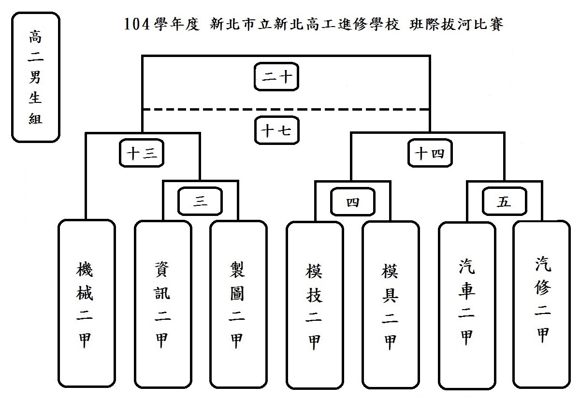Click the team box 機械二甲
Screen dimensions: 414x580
(x=87, y=303)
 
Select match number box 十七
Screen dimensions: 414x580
(x=276, y=130)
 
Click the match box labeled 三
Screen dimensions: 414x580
(x=200, y=202)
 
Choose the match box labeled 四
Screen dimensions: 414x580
(x=353, y=202)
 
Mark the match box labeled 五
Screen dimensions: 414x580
(x=504, y=202)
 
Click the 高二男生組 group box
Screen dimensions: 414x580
(x=36, y=77)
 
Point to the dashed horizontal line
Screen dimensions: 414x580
(x=285, y=110)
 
